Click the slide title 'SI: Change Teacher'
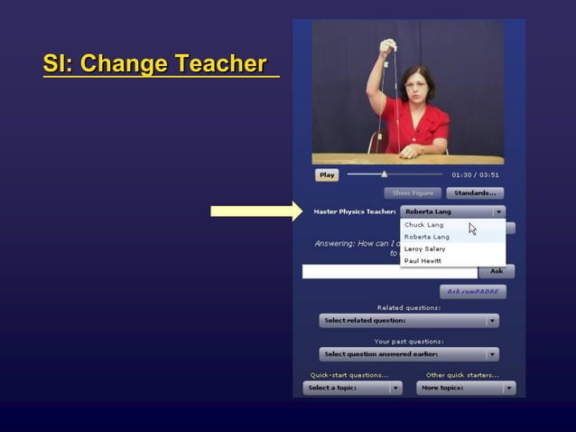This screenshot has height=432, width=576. coord(155,65)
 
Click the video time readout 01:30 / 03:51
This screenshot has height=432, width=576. coord(475,174)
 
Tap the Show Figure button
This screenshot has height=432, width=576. coord(413,193)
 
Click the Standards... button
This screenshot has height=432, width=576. coord(475,193)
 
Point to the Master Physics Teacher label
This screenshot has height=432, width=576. coord(354,211)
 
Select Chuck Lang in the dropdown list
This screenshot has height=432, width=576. coord(424,225)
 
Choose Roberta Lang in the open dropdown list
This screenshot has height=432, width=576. coord(427,237)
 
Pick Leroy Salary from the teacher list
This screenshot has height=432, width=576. coord(424,249)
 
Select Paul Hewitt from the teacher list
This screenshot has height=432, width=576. coord(423,260)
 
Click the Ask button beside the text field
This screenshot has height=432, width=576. coord(497,271)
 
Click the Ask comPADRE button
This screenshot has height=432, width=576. coord(473,292)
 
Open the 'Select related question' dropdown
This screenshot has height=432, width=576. coord(409,321)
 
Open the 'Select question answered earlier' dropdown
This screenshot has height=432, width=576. coord(409,354)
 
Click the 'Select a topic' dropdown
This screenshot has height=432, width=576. coord(353,388)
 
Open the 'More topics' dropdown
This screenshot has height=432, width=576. coord(466,388)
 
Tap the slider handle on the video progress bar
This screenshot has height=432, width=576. coord(385,174)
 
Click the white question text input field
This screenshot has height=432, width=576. coord(389,271)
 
